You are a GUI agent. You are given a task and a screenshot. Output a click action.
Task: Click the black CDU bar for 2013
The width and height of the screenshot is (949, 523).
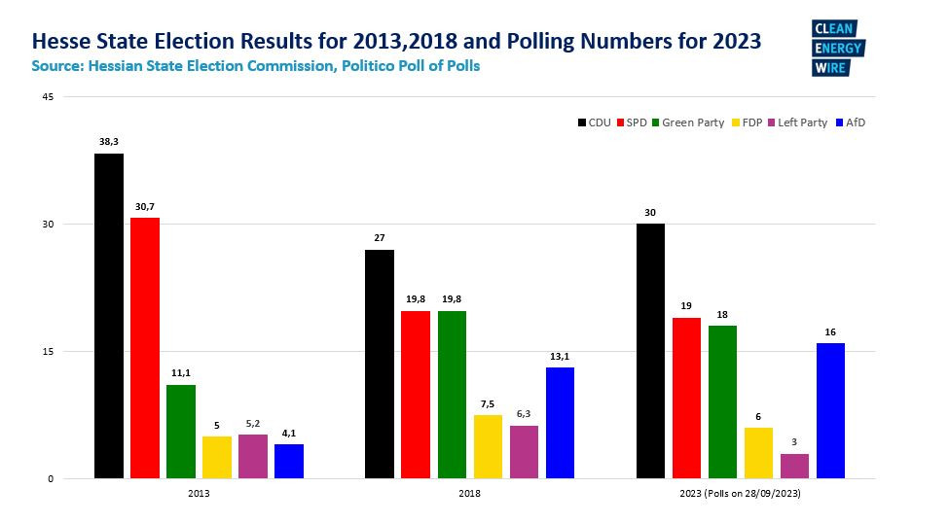click(x=108, y=316)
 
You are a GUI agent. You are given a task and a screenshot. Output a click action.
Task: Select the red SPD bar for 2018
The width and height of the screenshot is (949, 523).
click(x=416, y=395)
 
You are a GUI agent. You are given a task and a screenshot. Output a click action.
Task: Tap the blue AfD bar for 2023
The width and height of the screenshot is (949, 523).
click(x=830, y=410)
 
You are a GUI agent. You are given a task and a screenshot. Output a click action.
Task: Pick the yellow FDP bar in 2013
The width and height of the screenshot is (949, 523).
click(x=217, y=457)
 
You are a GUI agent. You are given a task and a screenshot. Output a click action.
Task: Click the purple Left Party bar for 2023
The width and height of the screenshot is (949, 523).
click(x=794, y=466)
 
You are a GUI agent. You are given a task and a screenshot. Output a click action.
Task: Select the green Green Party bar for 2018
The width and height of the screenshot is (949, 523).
click(x=452, y=395)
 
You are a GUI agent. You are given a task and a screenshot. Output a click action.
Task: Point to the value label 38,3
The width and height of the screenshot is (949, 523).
click(x=108, y=142)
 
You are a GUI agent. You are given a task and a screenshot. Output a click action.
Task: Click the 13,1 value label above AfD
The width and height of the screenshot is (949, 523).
click(x=560, y=356)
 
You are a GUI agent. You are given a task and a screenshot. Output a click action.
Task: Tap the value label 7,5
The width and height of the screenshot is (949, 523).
click(x=488, y=403)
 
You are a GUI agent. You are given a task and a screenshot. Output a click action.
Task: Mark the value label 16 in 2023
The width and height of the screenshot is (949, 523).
click(x=830, y=331)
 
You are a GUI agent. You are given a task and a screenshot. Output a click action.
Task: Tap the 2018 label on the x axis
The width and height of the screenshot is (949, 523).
click(x=469, y=494)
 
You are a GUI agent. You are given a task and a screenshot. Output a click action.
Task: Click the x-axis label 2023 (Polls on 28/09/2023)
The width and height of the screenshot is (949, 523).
click(x=740, y=494)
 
